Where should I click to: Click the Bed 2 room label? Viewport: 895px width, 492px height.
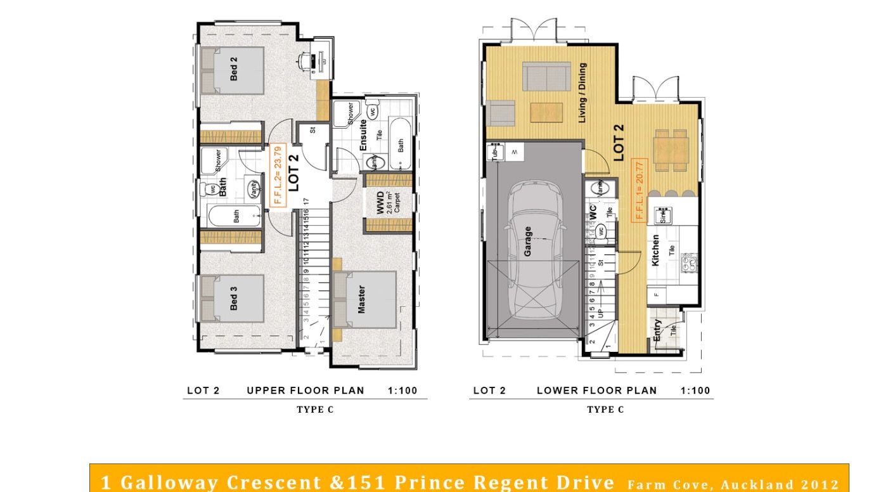[233, 68]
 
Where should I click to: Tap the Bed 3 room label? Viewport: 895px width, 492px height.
[233, 299]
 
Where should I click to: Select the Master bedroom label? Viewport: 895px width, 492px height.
[361, 299]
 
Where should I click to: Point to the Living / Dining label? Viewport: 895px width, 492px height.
[582, 93]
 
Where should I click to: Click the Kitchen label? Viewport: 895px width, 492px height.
[655, 250]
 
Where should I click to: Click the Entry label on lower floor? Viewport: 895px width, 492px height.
[657, 330]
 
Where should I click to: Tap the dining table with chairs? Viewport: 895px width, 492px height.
[671, 150]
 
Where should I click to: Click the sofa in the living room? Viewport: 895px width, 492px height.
[546, 76]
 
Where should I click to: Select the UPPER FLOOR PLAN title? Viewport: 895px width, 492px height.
[306, 391]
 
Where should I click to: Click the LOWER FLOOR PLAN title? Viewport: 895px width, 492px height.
[596, 391]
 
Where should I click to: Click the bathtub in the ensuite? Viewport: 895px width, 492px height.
[400, 144]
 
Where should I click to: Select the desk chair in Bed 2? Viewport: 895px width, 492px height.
[305, 61]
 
